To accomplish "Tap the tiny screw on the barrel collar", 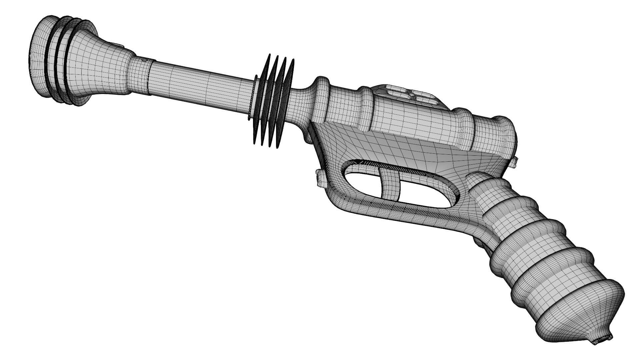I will (144, 60).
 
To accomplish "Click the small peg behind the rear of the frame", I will (515, 161).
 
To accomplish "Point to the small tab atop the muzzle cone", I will (119, 45).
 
